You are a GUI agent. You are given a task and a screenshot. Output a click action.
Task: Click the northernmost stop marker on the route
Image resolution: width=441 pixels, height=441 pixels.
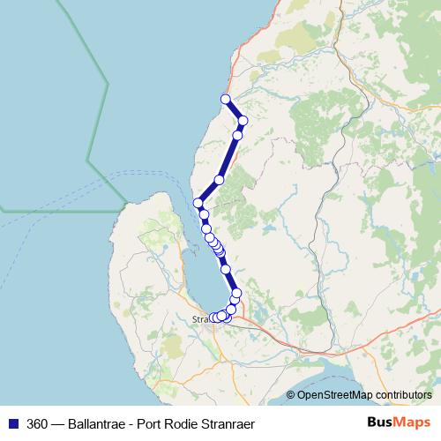point(226,99)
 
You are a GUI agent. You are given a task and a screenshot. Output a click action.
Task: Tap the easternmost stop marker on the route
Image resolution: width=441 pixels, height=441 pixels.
point(243,120)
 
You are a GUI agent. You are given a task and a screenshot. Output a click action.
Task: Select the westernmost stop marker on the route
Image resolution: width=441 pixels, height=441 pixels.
point(198,204)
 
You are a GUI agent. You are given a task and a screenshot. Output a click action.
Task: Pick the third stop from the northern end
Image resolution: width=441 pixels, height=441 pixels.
point(237,135)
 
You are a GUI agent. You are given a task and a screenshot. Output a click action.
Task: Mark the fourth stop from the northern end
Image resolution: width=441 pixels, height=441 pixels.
point(219,180)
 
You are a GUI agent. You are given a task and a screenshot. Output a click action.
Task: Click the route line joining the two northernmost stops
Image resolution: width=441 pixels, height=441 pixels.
point(235,109)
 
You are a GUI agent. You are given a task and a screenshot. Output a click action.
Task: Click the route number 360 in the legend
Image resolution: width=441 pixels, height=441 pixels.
point(38,422)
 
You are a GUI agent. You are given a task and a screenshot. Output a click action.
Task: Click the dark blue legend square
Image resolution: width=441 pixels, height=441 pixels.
point(12,422)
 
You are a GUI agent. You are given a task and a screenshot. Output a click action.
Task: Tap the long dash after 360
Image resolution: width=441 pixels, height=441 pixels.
point(60,422)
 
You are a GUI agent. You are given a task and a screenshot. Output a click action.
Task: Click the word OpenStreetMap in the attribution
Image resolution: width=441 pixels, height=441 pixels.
point(334,395)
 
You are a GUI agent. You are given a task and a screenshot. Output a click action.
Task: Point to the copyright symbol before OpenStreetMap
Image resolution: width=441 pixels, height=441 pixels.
point(290,395)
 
